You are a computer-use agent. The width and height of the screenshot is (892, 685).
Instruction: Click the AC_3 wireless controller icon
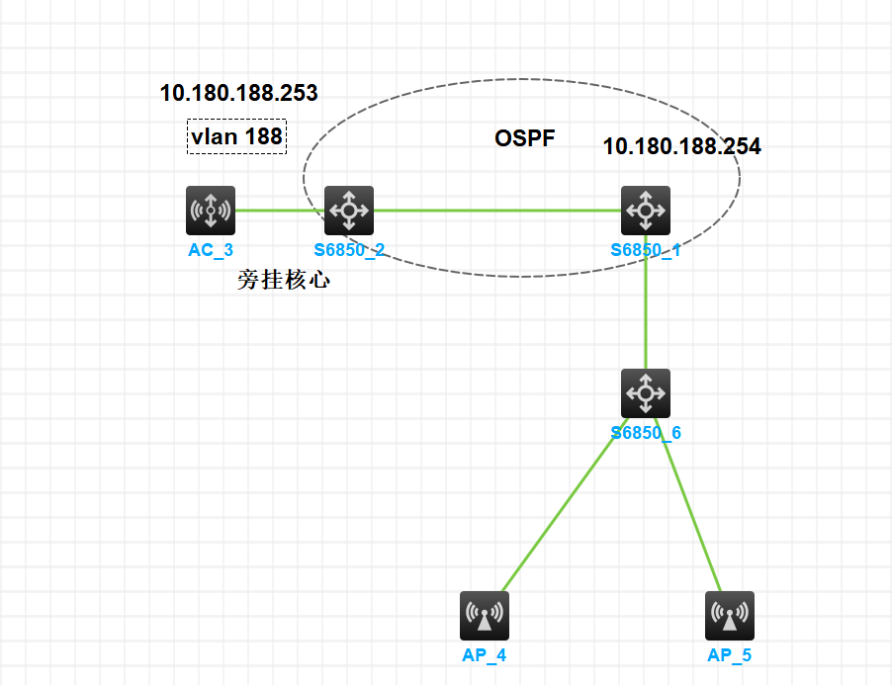pyautogui.click(x=211, y=210)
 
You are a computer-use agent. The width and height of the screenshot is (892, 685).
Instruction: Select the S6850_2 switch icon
pyautogui.click(x=349, y=210)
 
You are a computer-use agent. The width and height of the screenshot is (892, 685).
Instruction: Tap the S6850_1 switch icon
pyautogui.click(x=646, y=210)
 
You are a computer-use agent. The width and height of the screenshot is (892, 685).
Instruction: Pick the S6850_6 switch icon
pyautogui.click(x=646, y=393)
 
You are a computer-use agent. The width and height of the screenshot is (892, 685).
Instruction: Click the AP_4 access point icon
pyautogui.click(x=485, y=616)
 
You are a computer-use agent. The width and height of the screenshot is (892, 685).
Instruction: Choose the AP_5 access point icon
pyautogui.click(x=730, y=616)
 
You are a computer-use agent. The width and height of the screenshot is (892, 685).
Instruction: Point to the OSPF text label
pyautogui.click(x=525, y=138)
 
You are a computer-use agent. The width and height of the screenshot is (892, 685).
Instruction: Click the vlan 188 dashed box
pyautogui.click(x=237, y=136)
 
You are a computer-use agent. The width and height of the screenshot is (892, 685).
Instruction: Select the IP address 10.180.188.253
pyautogui.click(x=239, y=94)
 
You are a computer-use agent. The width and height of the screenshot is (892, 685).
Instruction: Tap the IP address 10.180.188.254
pyautogui.click(x=682, y=147)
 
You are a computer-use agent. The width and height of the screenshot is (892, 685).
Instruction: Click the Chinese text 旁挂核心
pyautogui.click(x=284, y=281)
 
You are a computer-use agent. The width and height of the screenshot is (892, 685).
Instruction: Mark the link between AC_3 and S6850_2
pyautogui.click(x=280, y=210)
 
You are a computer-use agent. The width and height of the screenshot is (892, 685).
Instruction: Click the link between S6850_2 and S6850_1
pyautogui.click(x=494, y=210)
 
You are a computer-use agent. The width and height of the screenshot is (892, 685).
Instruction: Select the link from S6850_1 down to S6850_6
pyautogui.click(x=646, y=306)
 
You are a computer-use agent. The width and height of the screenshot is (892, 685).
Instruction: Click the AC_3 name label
pyautogui.click(x=211, y=250)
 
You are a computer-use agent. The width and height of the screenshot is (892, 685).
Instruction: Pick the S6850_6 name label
pyautogui.click(x=646, y=433)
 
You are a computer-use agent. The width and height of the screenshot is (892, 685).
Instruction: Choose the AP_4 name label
pyautogui.click(x=485, y=654)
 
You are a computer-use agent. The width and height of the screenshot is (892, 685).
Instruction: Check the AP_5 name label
pyautogui.click(x=730, y=654)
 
